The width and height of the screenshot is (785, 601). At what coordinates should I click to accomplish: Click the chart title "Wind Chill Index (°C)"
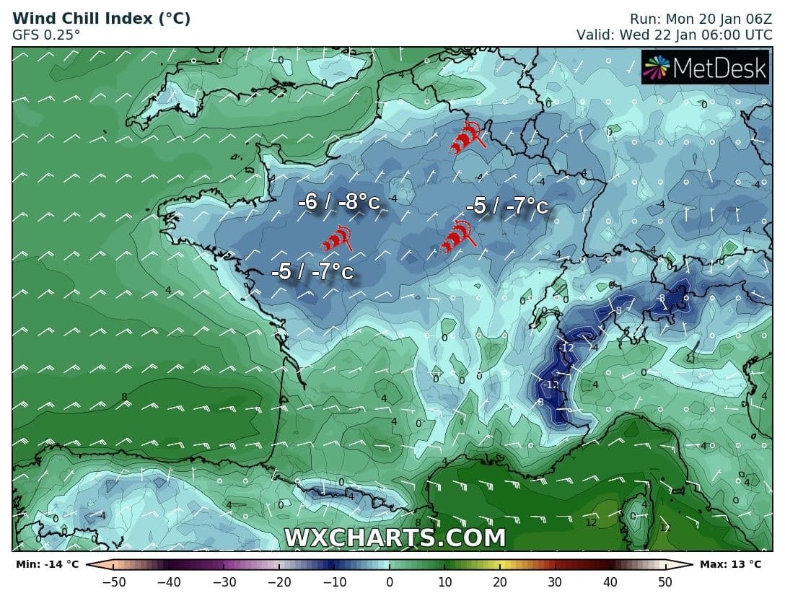click(101, 19)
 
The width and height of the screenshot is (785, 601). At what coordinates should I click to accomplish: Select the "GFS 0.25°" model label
click(46, 34)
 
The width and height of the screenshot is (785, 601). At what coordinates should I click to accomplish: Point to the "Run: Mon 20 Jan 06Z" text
click(701, 19)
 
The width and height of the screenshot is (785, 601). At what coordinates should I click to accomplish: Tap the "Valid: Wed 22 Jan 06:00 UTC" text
click(674, 34)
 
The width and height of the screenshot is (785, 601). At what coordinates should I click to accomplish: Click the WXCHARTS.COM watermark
click(395, 538)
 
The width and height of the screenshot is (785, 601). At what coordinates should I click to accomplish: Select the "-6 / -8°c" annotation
click(338, 202)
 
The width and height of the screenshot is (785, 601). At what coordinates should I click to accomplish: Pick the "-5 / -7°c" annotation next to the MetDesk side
click(506, 206)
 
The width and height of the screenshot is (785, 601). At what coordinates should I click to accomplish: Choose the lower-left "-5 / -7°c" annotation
click(312, 272)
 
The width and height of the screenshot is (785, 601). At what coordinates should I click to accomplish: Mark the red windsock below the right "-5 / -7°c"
click(457, 237)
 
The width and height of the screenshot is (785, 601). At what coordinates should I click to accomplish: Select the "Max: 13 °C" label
click(730, 564)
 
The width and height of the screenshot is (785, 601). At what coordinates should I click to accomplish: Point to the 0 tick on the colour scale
click(390, 582)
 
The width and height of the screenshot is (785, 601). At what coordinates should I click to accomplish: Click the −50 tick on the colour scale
click(114, 582)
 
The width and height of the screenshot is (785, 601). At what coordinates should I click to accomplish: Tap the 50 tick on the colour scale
click(665, 582)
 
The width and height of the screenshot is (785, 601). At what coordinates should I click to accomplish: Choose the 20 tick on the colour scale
click(500, 582)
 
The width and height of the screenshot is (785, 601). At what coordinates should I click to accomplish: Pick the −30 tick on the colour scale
click(224, 582)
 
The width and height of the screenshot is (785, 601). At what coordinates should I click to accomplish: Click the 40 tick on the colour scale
click(610, 582)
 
